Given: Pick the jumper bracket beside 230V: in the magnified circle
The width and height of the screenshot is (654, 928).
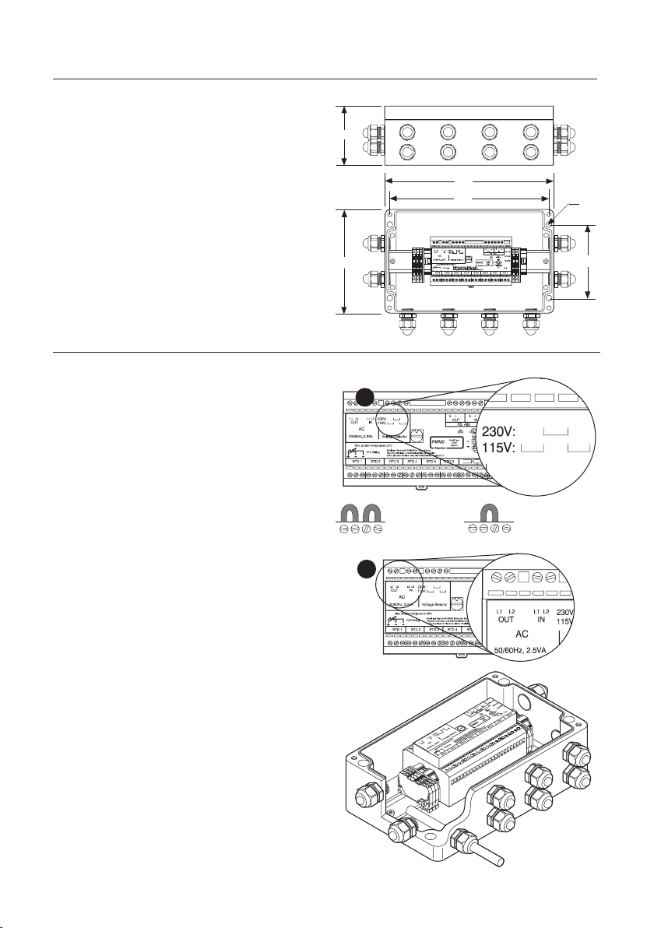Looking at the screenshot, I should (556, 430).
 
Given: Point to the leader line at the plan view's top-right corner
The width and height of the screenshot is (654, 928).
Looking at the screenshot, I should (568, 208).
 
